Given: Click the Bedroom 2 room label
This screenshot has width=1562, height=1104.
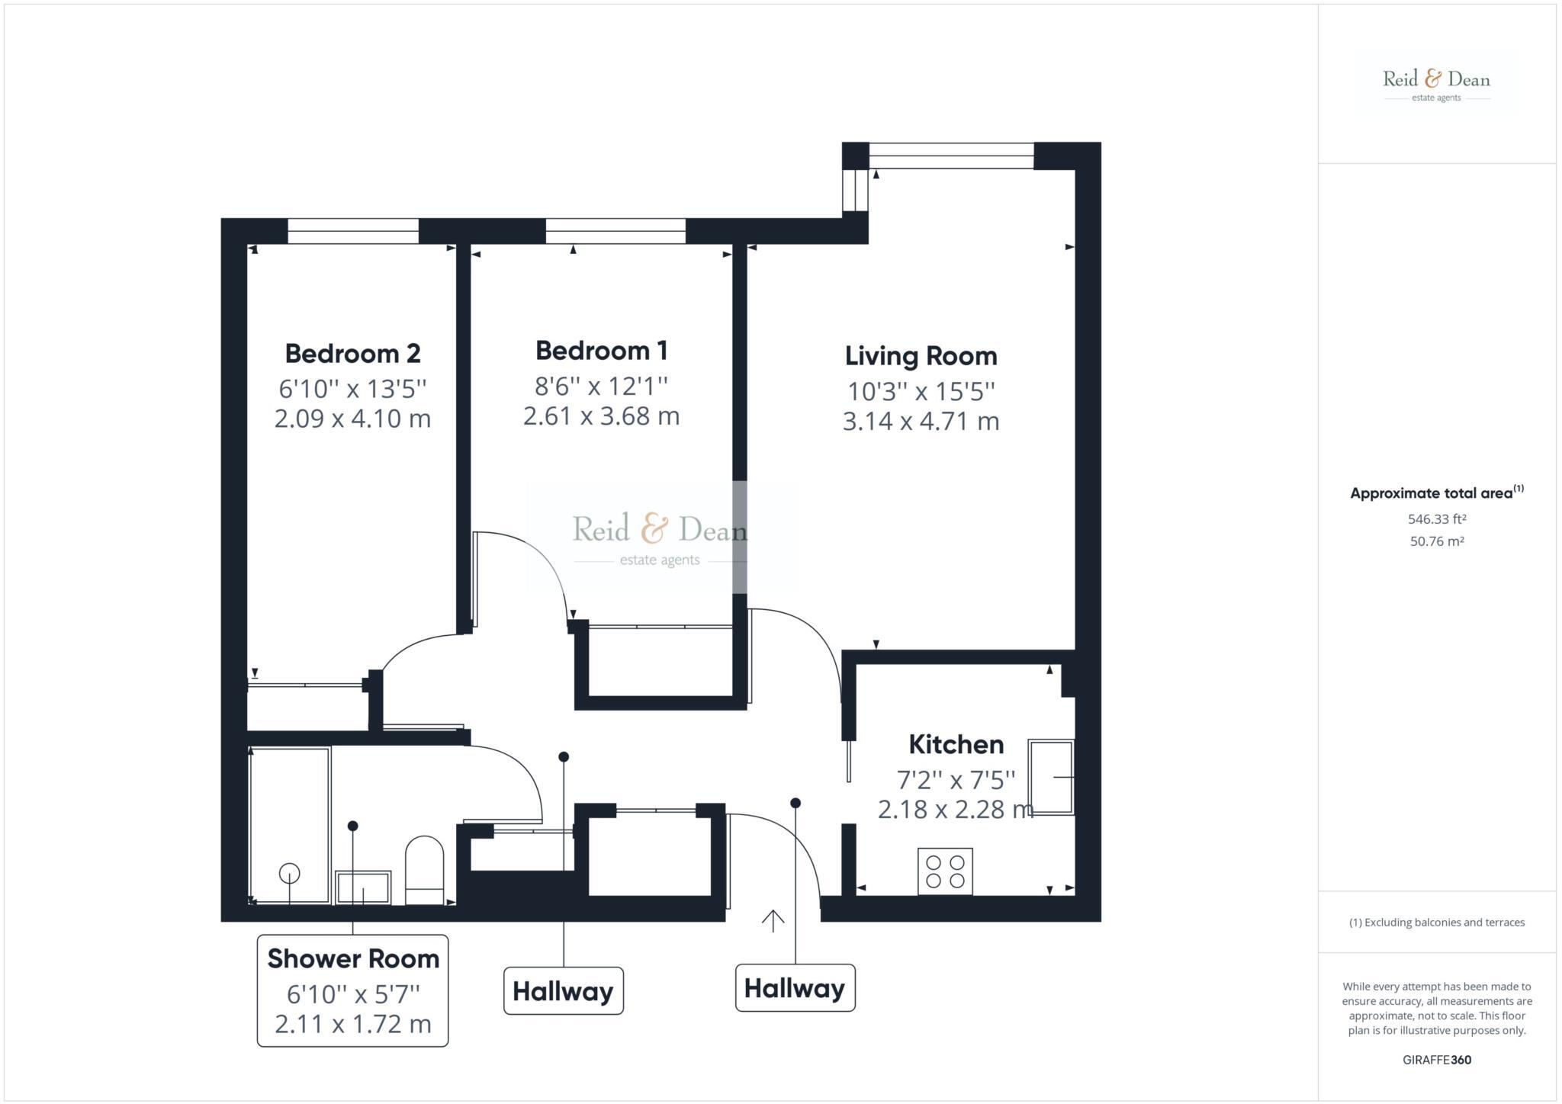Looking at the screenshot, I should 352,354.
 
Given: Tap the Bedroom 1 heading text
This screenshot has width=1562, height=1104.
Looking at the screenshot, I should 601,351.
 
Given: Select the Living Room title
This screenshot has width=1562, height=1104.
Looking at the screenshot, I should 921,356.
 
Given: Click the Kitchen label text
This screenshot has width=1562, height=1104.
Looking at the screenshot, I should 956,744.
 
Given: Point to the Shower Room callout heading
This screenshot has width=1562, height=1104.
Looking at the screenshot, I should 353,959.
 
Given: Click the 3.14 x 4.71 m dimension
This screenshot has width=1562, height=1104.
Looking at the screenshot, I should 921,422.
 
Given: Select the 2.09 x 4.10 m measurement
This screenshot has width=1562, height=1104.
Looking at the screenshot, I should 352,419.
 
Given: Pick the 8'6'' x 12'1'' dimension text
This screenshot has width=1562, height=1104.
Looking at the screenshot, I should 601,387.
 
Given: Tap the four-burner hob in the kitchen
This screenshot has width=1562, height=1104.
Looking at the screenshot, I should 945,871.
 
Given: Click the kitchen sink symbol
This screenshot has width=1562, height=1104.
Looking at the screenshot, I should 1050,777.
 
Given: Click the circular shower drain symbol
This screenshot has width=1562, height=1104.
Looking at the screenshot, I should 290,872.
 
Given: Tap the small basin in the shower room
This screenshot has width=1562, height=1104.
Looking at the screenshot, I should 363,887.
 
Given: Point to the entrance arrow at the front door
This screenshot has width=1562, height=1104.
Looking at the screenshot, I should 773,920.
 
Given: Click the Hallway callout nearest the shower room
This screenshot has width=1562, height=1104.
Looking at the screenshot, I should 563,991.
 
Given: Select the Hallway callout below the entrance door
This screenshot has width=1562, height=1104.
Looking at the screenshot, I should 795,988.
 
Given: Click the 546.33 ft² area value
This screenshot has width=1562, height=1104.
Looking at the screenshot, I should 1437,519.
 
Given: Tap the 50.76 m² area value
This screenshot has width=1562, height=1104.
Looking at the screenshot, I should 1437,541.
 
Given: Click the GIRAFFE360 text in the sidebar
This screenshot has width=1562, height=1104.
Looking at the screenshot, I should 1437,1060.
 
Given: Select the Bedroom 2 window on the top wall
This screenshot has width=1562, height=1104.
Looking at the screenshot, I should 353,231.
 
